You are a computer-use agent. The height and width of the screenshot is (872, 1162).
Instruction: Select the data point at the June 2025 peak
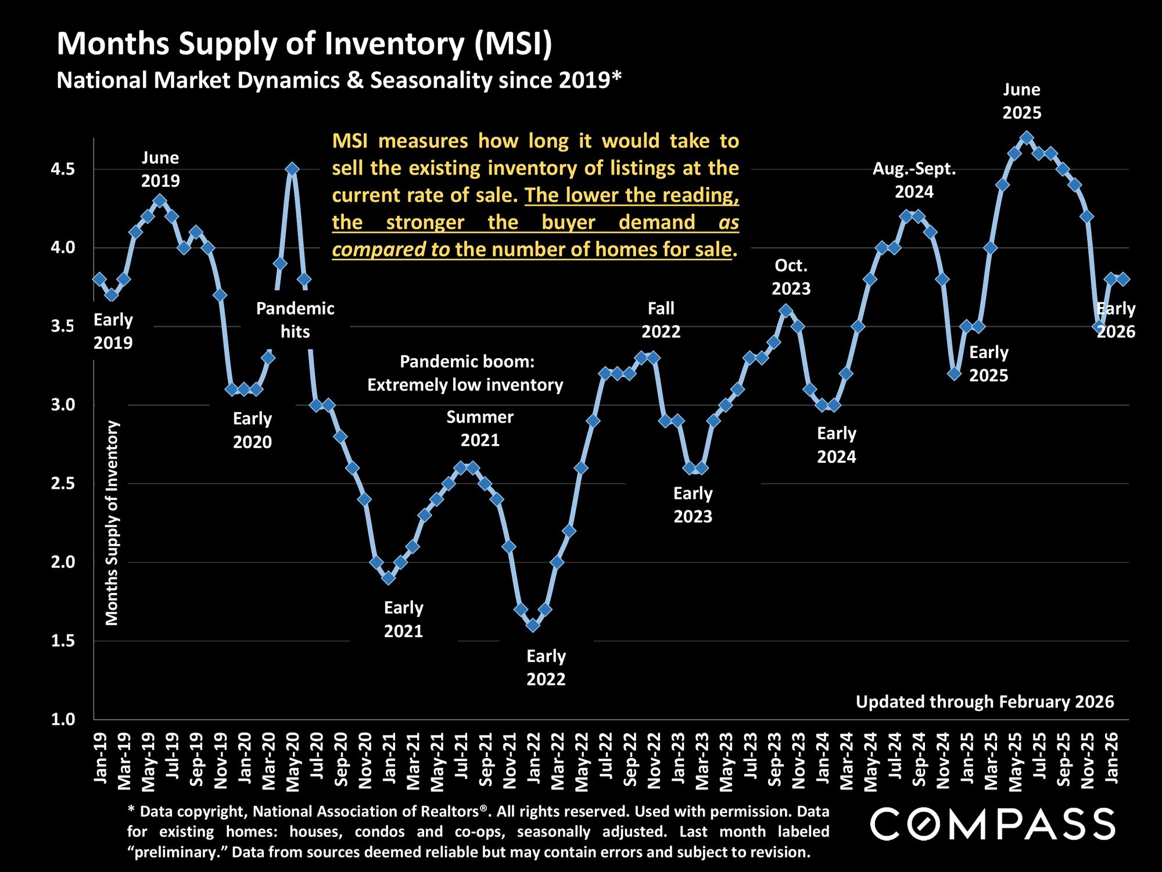click(x=1027, y=138)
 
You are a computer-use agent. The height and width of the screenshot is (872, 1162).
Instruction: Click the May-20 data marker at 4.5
click(x=292, y=169)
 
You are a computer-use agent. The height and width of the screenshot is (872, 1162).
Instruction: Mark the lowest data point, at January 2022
click(x=533, y=625)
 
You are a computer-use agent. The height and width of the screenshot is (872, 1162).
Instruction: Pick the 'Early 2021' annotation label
click(x=403, y=620)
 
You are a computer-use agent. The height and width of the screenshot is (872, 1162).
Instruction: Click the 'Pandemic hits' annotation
click(x=295, y=320)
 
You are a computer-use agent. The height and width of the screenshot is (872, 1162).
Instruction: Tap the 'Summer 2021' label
click(x=480, y=428)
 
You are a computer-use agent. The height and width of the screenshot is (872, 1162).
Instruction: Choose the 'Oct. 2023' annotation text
click(x=791, y=277)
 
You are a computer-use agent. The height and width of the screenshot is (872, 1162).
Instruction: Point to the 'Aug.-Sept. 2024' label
click(x=914, y=180)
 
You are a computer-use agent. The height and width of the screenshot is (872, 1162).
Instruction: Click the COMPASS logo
click(x=992, y=824)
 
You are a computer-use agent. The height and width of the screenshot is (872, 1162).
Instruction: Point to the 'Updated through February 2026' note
click(x=985, y=702)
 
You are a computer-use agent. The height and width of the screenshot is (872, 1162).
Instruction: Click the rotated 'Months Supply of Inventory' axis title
click(x=112, y=523)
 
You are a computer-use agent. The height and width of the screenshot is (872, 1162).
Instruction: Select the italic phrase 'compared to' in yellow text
click(x=390, y=249)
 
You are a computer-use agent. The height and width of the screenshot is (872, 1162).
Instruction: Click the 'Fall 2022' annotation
click(x=661, y=320)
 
